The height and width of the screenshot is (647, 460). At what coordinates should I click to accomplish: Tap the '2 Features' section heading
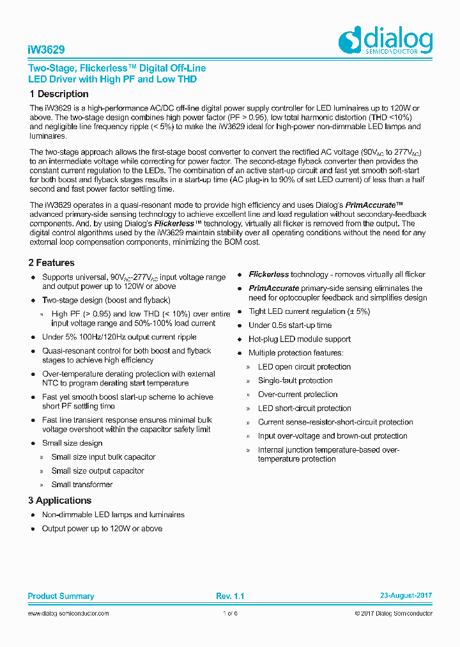[51, 263]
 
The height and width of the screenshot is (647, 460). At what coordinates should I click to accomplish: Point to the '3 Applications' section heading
[59, 501]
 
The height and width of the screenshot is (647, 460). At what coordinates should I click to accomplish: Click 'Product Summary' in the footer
[61, 596]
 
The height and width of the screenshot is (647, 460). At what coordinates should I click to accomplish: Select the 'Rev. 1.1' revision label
[230, 596]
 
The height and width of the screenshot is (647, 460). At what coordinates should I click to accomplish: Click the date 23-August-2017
[406, 596]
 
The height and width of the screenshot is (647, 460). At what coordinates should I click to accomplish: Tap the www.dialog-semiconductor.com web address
[68, 613]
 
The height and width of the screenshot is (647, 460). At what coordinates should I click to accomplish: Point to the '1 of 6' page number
[230, 613]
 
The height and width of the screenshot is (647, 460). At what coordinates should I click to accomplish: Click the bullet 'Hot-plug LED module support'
[299, 339]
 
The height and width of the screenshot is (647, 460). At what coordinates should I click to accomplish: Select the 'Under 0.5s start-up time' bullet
[290, 325]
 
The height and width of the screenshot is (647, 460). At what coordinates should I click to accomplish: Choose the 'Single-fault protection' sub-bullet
[295, 380]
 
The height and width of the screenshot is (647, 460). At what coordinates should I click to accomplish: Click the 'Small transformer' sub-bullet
[82, 485]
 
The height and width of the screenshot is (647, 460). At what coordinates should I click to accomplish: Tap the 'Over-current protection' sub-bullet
[298, 394]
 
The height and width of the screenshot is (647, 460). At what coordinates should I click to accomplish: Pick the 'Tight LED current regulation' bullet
[309, 311]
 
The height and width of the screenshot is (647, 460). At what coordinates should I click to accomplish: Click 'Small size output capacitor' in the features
[98, 471]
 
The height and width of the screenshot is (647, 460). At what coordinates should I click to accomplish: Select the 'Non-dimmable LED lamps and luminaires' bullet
[113, 515]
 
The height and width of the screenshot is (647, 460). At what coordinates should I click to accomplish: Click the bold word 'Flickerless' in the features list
[269, 274]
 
